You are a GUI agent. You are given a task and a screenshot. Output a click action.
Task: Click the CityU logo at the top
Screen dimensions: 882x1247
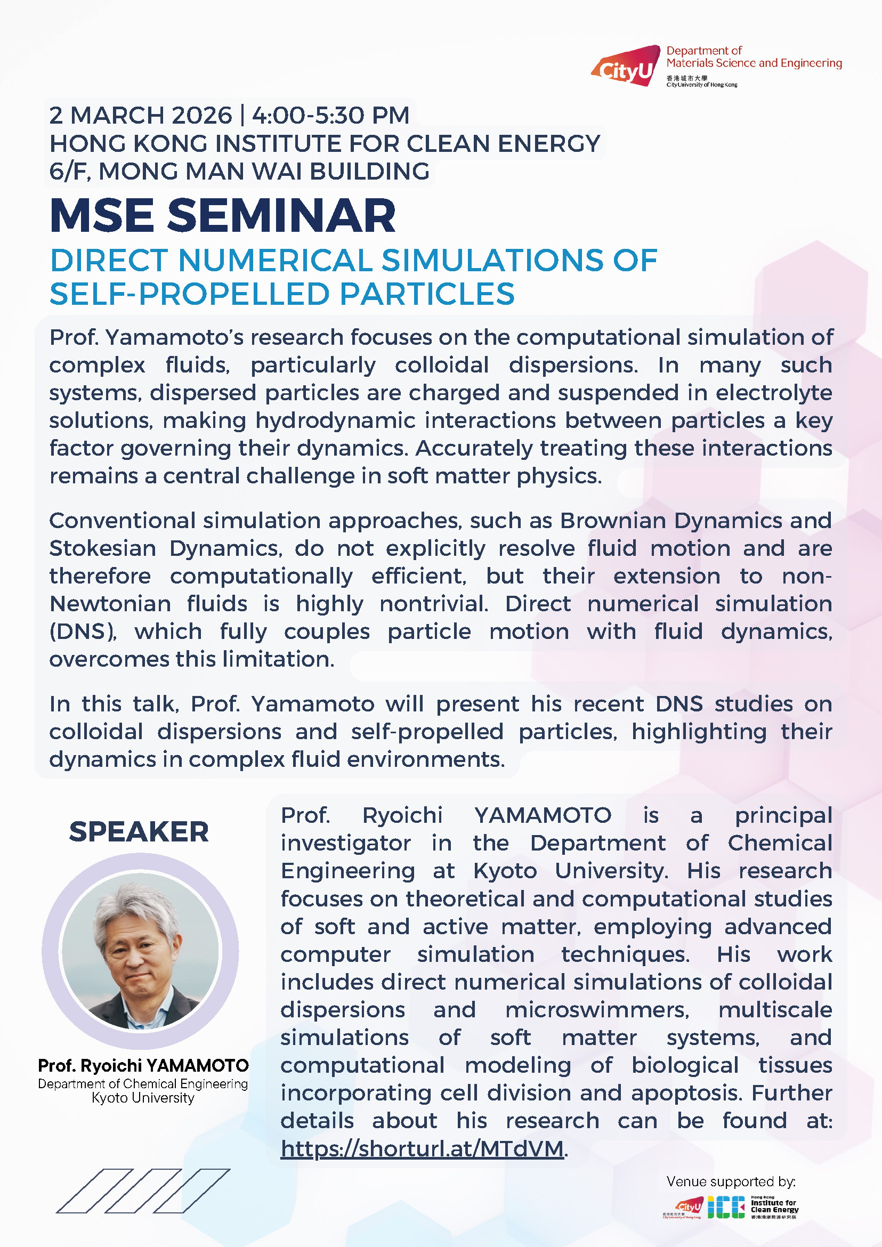pos(626,66)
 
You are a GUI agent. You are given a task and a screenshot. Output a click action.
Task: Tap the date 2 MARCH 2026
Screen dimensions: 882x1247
pos(141,116)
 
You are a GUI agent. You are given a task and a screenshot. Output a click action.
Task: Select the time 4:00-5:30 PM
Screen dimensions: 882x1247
pos(331,116)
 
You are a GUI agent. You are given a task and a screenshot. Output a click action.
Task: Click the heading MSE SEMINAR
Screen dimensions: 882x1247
pos(223,215)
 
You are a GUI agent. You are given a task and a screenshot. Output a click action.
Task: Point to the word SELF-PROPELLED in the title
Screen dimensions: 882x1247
pos(189,294)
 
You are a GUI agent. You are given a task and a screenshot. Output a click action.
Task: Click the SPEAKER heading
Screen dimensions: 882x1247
pos(139,831)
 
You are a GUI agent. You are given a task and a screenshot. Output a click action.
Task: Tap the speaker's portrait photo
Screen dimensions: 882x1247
pos(140,951)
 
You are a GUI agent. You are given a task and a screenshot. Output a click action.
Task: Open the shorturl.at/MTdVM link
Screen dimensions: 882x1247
pos(422,1149)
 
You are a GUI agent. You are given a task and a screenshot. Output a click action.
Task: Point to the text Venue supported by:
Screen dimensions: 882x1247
pos(731,1181)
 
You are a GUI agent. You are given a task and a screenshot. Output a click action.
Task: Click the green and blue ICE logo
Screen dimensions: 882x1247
pos(726,1207)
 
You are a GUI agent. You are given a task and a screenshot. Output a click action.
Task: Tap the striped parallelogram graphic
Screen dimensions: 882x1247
pos(143,1191)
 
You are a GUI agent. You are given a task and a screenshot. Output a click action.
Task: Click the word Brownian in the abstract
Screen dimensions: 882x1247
pos(614,521)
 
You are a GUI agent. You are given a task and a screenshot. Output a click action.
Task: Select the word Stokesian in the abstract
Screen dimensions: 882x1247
pos(103,548)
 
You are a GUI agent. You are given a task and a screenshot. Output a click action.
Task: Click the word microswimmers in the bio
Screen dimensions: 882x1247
pos(597,1010)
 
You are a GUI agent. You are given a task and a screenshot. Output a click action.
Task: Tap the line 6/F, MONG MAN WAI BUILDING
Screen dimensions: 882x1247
pos(239,172)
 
